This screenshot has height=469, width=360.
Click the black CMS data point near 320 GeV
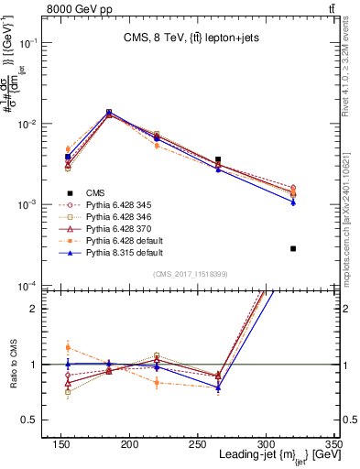(x=293, y=248)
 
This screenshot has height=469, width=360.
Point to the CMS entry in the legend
(x=95, y=192)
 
